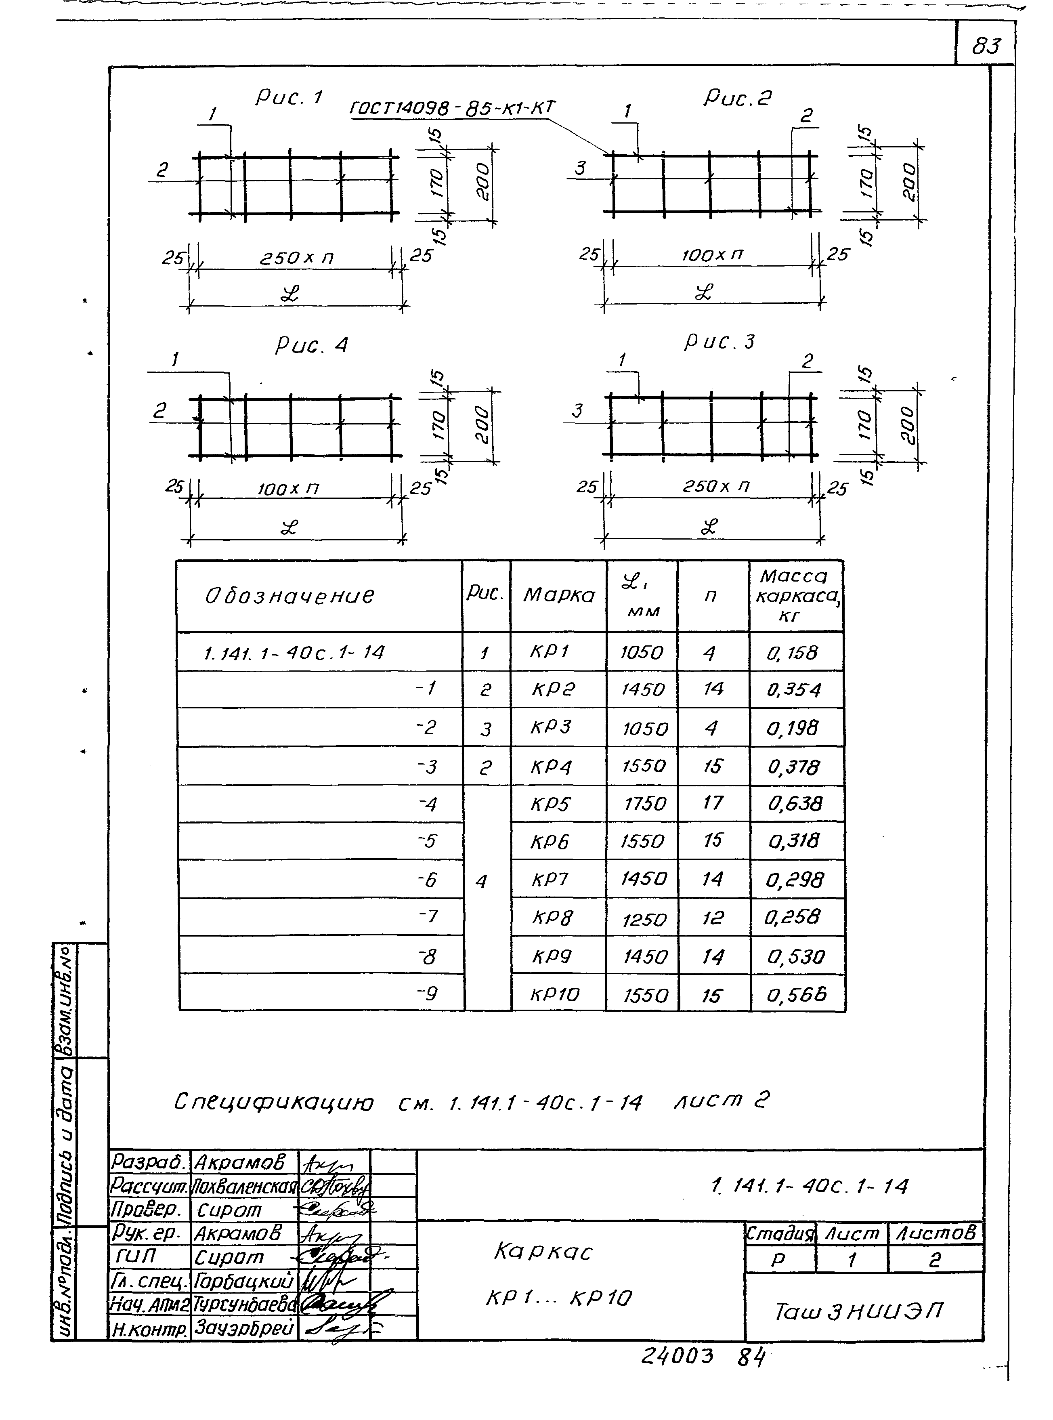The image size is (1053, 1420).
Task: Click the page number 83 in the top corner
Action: tap(986, 46)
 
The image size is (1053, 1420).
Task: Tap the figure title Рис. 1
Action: tap(289, 98)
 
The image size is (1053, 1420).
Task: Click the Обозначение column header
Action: tap(290, 596)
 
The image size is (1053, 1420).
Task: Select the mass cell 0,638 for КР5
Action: tap(795, 803)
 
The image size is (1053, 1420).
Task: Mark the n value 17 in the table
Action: tap(713, 803)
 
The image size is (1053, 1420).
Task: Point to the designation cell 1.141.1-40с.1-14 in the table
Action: tap(294, 652)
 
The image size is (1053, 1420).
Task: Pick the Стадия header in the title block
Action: tap(780, 1233)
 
